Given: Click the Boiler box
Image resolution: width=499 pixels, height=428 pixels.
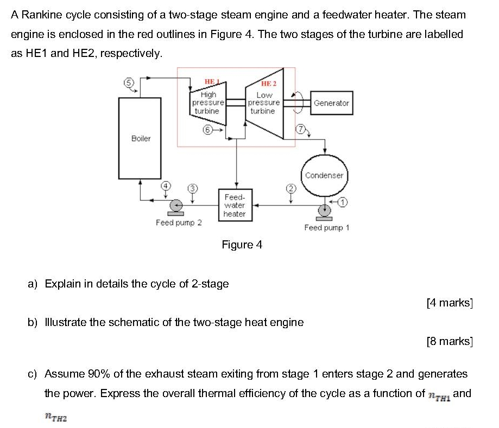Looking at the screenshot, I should coord(140,138).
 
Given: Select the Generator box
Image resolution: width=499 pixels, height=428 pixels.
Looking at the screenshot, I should coord(331,103).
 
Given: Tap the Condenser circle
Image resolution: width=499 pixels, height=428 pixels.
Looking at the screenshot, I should coord(324,175).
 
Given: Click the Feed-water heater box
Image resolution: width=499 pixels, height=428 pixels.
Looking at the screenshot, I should coord(235,205).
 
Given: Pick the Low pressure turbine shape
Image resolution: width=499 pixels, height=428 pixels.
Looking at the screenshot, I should coord(264,103).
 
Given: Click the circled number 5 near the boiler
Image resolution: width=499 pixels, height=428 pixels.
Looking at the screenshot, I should coord(129,82).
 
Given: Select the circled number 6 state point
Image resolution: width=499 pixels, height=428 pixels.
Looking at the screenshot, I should coord(206,130).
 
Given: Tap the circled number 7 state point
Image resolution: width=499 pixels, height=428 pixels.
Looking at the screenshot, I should coord(299,129).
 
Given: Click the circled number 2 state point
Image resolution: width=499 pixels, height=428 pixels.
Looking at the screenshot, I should coord(290,188).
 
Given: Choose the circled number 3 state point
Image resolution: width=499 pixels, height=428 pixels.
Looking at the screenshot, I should coord(191,188).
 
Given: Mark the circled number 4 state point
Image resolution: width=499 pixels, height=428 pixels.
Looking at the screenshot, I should coord(165,187).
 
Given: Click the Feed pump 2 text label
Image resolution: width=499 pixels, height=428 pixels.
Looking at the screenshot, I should coord(179,222).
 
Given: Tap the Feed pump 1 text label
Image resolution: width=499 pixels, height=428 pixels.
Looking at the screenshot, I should coord(327,227).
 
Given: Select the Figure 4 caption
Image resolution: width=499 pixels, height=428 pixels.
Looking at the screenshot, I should coord(242,245).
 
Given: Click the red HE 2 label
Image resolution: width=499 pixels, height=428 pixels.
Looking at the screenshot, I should coord(269,84).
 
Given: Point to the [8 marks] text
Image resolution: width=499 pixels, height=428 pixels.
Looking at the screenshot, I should coord(450,341).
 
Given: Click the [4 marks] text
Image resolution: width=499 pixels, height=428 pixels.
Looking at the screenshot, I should coord(450,303).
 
